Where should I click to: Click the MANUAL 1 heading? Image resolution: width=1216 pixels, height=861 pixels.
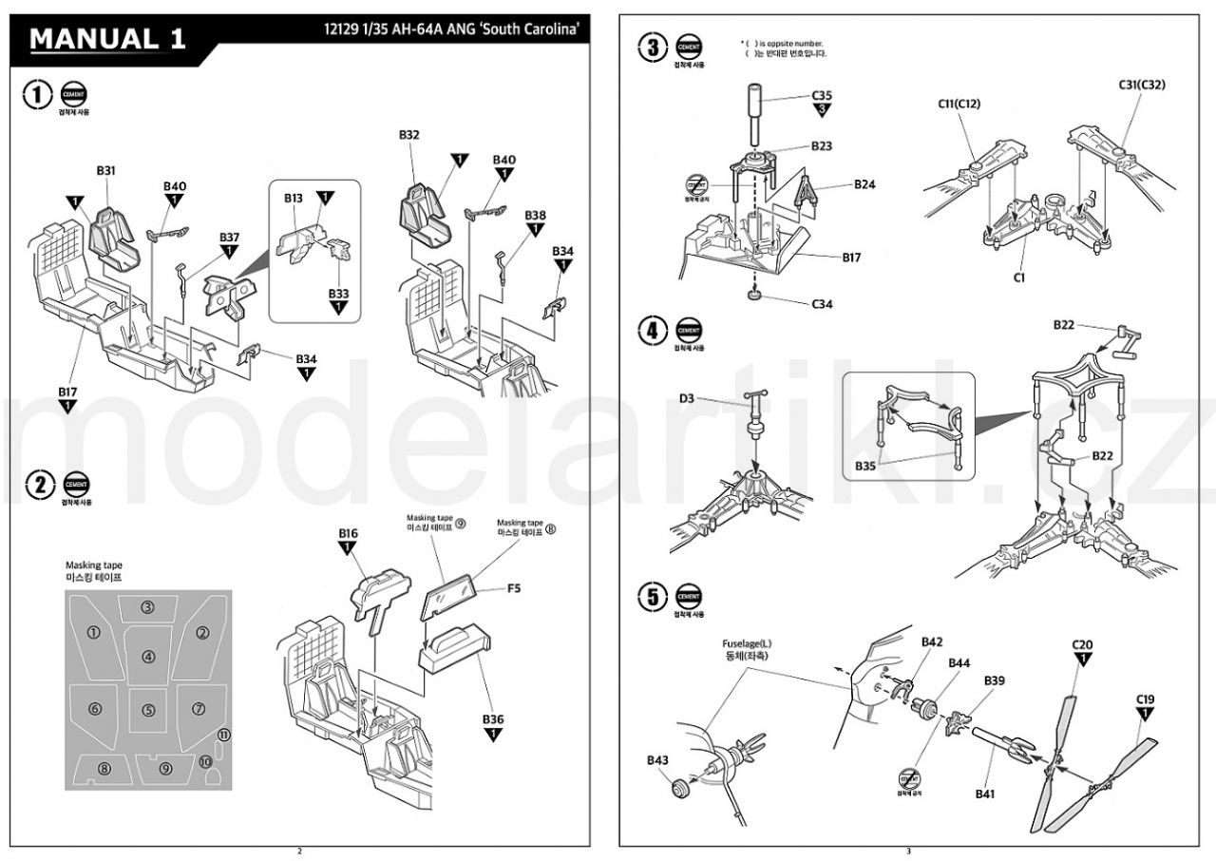coord(108,40)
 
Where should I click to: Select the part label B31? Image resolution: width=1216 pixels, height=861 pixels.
coord(105,170)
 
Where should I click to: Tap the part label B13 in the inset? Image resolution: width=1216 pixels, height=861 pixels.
coord(293,199)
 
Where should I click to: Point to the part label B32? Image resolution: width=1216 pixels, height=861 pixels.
coord(409,135)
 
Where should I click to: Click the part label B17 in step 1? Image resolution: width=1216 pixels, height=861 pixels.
coord(67,392)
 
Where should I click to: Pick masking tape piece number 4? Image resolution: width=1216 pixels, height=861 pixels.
coord(148,657)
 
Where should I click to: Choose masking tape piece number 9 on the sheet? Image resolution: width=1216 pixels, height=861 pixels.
coord(165,768)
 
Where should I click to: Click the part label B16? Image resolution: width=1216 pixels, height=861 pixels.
coord(348,534)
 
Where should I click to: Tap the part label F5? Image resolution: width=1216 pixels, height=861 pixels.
coord(513,589)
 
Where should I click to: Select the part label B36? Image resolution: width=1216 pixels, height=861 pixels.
coord(492,718)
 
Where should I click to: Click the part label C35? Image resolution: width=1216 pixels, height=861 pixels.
coord(822,96)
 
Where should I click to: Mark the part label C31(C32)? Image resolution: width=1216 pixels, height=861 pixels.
coord(1142,85)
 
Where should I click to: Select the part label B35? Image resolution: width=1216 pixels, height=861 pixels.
coord(865,466)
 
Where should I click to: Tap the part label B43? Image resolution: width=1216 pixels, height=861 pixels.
coord(657,760)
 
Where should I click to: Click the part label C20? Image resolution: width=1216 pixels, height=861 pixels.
coord(1082,645)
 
